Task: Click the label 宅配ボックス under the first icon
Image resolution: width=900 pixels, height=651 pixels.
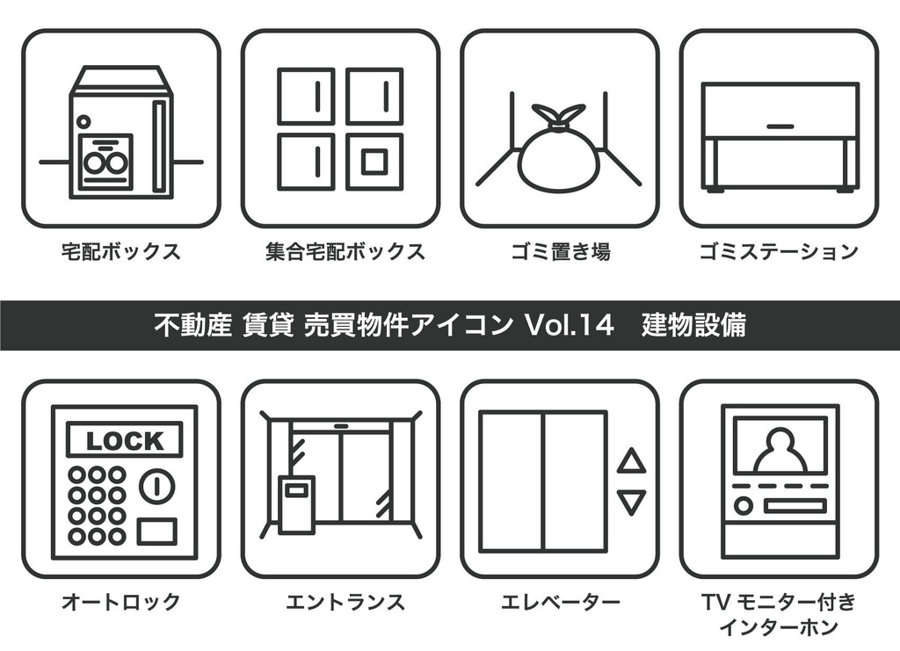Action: [121, 252]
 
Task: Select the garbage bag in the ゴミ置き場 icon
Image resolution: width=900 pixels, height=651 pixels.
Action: [559, 158]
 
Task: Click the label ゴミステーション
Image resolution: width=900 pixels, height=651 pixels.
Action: [779, 252]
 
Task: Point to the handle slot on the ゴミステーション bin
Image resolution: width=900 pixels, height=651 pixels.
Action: [780, 127]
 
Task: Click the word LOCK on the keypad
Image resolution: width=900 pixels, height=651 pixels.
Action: [124, 441]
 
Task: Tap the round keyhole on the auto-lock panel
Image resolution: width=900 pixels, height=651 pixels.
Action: [159, 485]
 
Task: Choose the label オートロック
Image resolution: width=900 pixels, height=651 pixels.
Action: [121, 602]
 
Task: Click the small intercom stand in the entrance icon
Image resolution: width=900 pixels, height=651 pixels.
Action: [296, 503]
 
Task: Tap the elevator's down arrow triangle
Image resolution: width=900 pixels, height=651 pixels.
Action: [631, 502]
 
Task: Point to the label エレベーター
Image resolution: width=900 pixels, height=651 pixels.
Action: [560, 602]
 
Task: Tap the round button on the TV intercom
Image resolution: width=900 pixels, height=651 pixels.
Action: [744, 505]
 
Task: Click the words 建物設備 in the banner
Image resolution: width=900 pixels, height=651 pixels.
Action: [693, 325]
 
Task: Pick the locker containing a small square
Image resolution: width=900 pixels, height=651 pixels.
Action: [374, 162]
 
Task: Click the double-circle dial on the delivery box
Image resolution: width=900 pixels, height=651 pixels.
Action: [105, 162]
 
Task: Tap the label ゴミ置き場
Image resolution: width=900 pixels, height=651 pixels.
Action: [560, 252]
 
